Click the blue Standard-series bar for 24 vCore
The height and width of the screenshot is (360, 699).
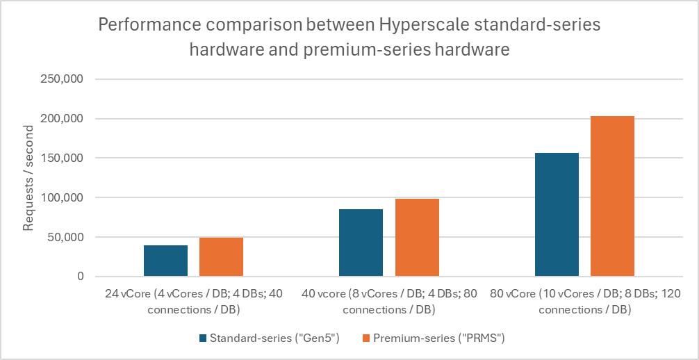165,261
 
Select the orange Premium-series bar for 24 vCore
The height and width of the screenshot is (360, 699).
221,257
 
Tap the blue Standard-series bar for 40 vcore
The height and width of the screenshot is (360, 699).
361,243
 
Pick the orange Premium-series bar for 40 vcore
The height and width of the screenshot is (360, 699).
417,238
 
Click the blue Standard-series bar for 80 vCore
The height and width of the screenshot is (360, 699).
557,215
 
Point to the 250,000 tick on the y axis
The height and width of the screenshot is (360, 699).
64,79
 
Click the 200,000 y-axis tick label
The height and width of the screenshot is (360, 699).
64,119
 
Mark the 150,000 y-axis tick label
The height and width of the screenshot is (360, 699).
64,158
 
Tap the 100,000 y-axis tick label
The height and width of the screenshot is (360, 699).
64,197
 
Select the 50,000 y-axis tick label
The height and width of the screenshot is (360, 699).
67,237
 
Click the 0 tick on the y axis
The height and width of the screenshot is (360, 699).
81,277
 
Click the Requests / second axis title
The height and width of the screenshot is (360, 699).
28,178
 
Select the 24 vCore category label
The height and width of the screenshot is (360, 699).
194,302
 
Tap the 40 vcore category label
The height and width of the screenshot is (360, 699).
389,302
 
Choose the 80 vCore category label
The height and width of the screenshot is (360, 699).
584,302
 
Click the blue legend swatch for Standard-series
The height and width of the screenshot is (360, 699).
203,338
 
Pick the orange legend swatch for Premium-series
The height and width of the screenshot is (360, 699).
366,338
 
